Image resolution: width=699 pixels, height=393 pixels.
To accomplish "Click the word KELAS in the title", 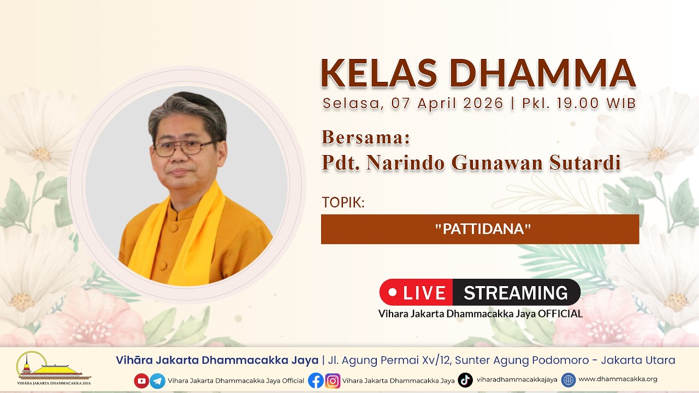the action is point(379,73).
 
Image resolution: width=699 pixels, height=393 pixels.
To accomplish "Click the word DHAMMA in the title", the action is point(543,73).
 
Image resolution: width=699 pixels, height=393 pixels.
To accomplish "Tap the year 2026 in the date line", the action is point(483,103).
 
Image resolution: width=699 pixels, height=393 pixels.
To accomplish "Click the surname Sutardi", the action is point(585,163).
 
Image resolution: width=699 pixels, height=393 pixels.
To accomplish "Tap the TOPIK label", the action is point(343,202).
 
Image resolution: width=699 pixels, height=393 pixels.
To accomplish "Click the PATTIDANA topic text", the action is point(483,229).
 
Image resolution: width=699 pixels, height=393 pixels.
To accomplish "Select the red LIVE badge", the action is point(416,292).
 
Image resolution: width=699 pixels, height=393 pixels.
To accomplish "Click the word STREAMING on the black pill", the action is point(516,293).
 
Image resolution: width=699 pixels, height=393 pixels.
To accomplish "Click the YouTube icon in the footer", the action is point(141,380).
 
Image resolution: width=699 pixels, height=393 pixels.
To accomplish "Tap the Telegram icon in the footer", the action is point(158,381).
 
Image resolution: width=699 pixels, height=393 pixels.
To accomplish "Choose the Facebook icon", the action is point(316,380).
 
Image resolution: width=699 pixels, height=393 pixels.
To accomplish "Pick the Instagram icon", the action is point(333,381).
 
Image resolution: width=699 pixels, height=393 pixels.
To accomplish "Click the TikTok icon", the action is point(465,380).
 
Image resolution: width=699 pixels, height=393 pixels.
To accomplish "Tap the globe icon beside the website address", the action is point(568,380).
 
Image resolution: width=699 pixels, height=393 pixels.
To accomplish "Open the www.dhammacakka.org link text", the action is point(618,379).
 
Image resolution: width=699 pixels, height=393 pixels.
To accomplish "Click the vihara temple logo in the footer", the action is point(54,368).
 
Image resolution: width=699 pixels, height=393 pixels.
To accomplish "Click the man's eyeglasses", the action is point(184,148).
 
